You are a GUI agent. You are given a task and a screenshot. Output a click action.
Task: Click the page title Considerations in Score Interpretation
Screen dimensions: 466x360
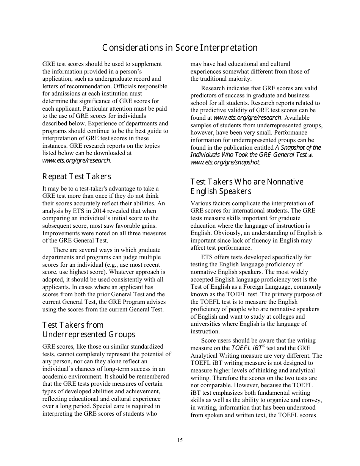(180, 48)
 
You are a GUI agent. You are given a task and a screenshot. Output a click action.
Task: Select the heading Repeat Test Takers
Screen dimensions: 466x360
(77, 177)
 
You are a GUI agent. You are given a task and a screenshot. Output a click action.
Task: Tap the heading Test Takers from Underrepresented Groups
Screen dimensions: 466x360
(89, 330)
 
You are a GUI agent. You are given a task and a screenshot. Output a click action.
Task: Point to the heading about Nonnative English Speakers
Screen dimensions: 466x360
(247, 186)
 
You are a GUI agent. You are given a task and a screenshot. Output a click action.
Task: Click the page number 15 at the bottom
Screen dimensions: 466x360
(180, 440)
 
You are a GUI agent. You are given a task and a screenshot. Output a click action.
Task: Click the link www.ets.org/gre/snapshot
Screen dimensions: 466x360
(225, 163)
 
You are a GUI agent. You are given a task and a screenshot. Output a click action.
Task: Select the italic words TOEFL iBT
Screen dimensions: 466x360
(246, 348)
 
